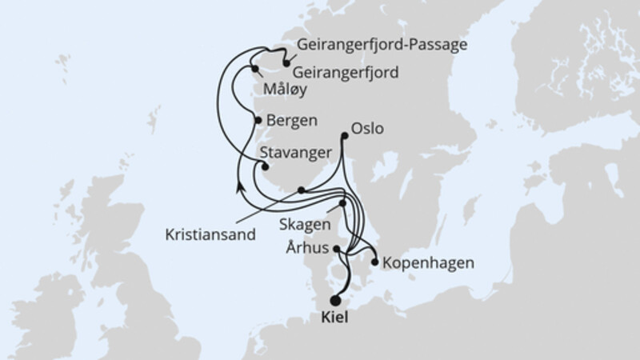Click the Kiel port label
[x=336, y=318]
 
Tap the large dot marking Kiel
[x=335, y=301]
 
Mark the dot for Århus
[x=337, y=250]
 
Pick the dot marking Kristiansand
[x=300, y=190]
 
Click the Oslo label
[x=367, y=128]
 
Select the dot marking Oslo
[x=345, y=136]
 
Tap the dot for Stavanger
[x=258, y=166]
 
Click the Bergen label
[x=293, y=121]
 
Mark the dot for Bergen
[x=258, y=120]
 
